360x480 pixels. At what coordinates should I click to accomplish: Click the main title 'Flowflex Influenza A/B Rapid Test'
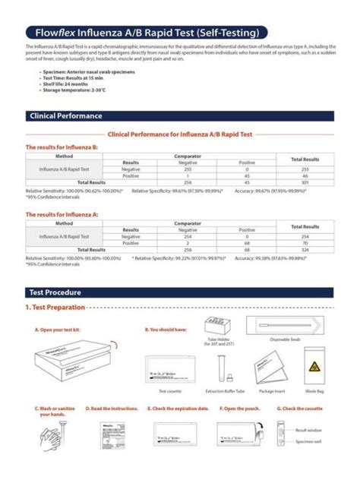point(145,33)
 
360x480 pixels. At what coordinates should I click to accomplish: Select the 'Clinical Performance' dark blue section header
point(65,116)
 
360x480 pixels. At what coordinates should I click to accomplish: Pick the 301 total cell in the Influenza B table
point(305,182)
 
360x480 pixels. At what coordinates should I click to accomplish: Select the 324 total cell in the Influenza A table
point(305,249)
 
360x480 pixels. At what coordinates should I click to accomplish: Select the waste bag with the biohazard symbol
point(314,368)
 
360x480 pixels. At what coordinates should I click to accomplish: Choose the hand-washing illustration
point(53,441)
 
